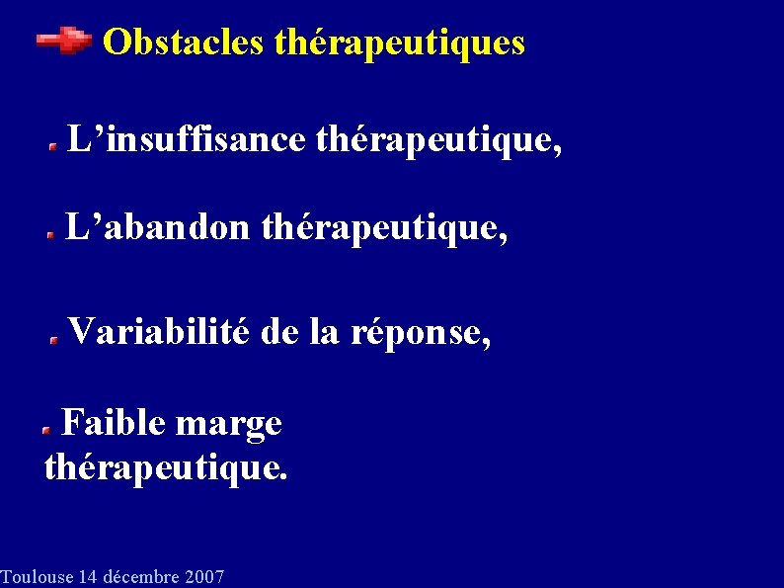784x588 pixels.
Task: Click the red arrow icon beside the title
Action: (64, 41)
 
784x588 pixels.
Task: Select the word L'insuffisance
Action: (186, 140)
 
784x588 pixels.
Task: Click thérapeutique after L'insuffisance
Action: (439, 142)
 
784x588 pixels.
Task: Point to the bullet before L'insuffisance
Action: (55, 145)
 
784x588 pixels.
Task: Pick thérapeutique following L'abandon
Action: (386, 231)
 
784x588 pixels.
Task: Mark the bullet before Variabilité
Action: (56, 337)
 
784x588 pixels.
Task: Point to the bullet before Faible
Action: (46, 430)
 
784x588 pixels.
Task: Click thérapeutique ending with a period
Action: (166, 467)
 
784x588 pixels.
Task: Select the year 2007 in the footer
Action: (203, 577)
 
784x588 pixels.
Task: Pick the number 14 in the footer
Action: (88, 577)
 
